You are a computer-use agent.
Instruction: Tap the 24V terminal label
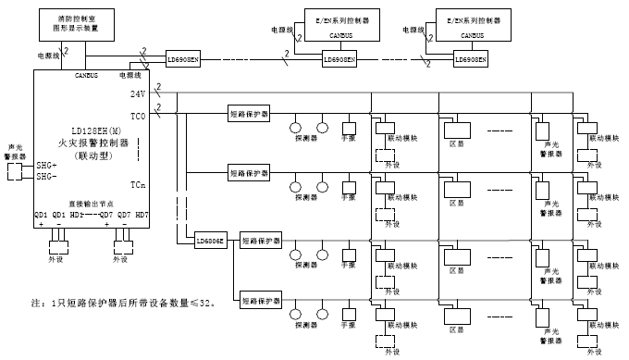[x=138, y=94]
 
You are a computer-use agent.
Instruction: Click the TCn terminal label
[x=137, y=184]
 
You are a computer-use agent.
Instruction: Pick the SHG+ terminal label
[x=46, y=164]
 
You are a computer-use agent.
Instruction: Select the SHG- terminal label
[x=46, y=175]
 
